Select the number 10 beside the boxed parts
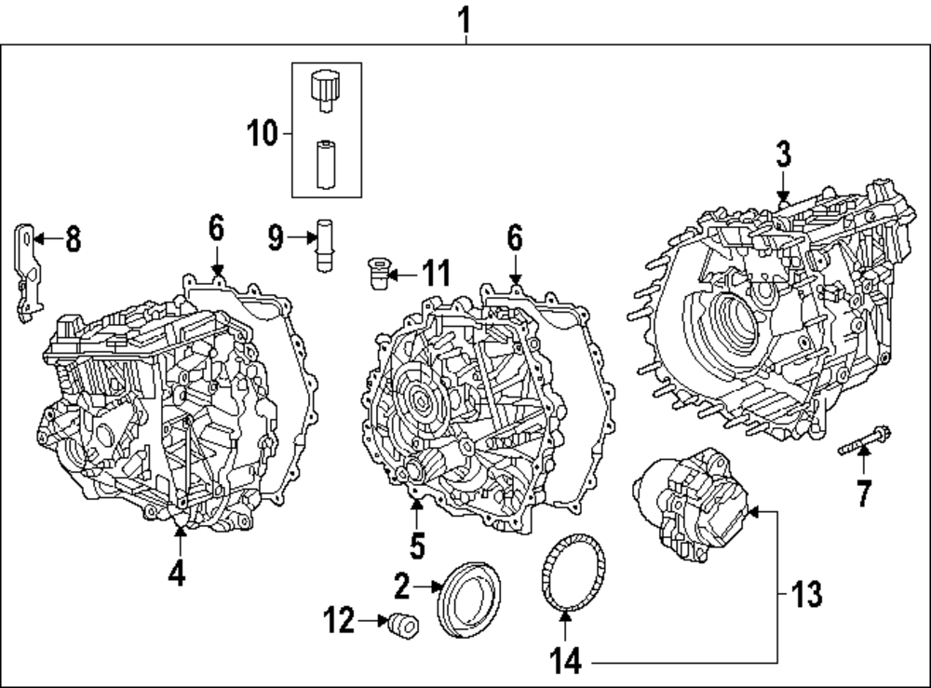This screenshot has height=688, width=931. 263,133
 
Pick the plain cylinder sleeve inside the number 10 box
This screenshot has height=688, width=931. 326,164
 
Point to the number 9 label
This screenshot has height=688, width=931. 276,238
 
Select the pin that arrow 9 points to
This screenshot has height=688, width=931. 326,245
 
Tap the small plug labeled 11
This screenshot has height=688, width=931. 376,274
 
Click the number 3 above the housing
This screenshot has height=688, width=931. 783,155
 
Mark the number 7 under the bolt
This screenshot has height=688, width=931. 864,492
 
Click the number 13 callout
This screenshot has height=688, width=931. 806,593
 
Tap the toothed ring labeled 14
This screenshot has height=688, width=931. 573,575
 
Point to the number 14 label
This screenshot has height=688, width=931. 565,662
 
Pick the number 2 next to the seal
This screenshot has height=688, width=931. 402,587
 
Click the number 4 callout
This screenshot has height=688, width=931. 177,574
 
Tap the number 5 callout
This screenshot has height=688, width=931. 417,546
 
